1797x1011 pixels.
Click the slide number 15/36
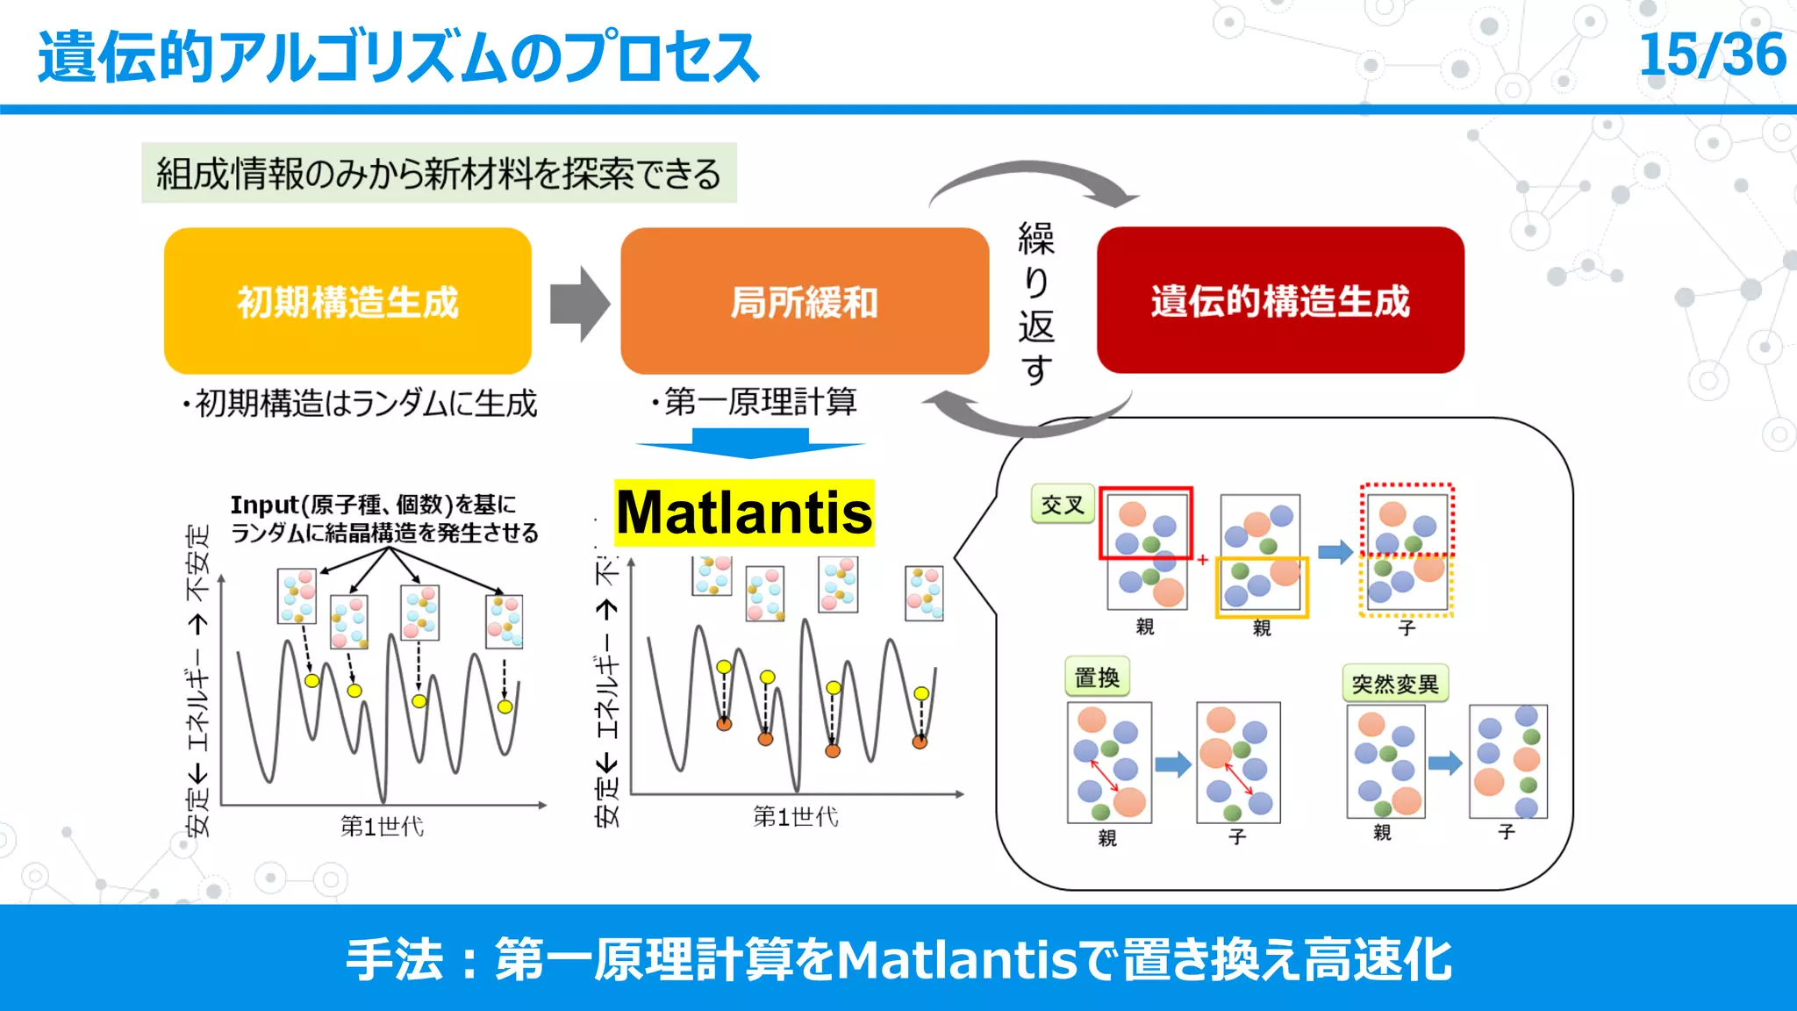pyautogui.click(x=1711, y=54)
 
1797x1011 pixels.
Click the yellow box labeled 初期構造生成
pyautogui.click(x=347, y=301)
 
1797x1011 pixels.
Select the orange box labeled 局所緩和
pyautogui.click(x=804, y=301)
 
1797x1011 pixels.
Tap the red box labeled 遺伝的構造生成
pyautogui.click(x=1280, y=300)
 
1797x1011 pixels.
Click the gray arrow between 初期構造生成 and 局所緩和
pyautogui.click(x=579, y=304)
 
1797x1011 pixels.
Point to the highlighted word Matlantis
pyautogui.click(x=744, y=513)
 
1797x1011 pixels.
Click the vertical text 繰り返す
pyautogui.click(x=1035, y=303)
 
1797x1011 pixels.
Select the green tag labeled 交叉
pyautogui.click(x=1063, y=505)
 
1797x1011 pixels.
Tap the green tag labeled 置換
pyautogui.click(x=1097, y=678)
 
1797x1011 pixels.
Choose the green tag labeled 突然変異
pyautogui.click(x=1395, y=684)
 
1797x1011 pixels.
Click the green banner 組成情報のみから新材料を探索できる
pyautogui.click(x=439, y=173)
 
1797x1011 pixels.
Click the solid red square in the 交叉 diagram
pyautogui.click(x=1146, y=523)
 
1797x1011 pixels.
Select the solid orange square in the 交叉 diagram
pyautogui.click(x=1262, y=587)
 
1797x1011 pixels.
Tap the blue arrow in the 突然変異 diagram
pyautogui.click(x=1444, y=763)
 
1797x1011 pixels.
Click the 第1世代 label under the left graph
pyautogui.click(x=382, y=826)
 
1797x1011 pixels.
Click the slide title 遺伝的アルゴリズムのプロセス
pyautogui.click(x=397, y=57)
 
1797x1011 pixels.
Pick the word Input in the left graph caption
pyautogui.click(x=264, y=505)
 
